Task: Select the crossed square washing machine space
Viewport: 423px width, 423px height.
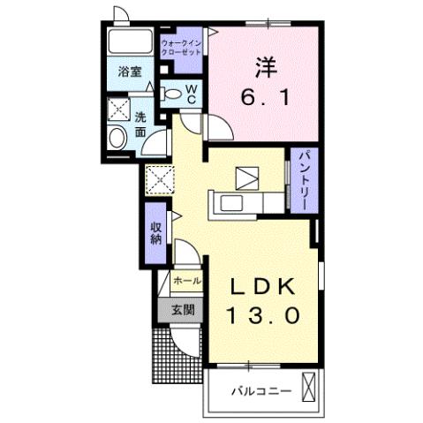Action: (118, 110)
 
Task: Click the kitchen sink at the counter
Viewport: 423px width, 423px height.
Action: (233, 204)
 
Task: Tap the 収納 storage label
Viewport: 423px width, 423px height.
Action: (156, 233)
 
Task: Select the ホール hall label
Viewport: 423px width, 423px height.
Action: (187, 281)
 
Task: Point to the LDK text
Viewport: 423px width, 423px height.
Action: (262, 286)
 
